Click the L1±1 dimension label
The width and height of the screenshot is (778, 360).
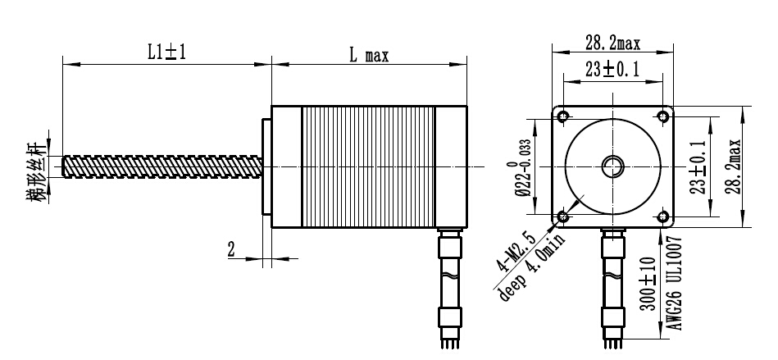166,53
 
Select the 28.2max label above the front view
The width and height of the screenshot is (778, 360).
612,43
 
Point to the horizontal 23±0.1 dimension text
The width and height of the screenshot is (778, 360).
612,71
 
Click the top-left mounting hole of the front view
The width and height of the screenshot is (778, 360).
563,116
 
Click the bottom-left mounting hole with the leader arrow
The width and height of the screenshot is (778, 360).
563,216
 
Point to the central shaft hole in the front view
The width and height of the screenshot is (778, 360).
612,166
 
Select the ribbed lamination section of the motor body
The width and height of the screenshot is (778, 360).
368,166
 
